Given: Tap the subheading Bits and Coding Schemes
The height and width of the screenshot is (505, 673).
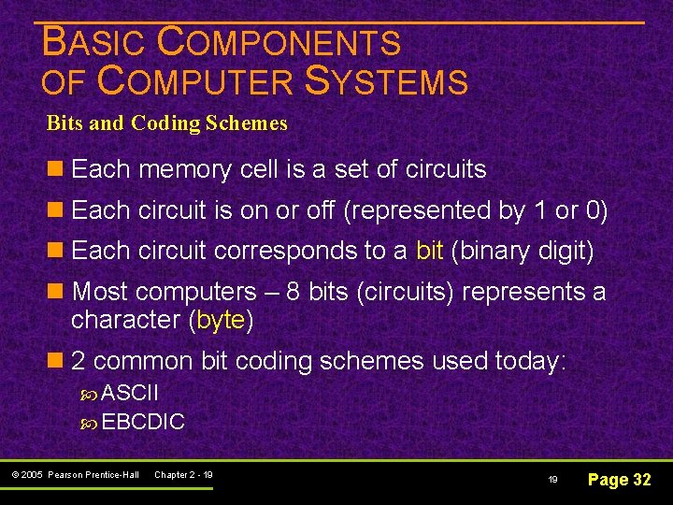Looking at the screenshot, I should pyautogui.click(x=167, y=123).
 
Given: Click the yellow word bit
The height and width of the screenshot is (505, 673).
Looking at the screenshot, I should pyautogui.click(x=429, y=251).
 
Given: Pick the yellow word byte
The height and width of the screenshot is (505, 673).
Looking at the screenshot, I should pyautogui.click(x=221, y=320).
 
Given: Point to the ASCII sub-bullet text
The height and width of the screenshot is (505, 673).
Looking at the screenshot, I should pyautogui.click(x=130, y=391).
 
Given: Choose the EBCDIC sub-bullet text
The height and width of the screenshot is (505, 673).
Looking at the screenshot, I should pyautogui.click(x=143, y=422).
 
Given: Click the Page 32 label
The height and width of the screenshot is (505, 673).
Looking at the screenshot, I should pyautogui.click(x=619, y=480).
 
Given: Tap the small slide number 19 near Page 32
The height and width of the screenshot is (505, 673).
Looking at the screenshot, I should pyautogui.click(x=551, y=480).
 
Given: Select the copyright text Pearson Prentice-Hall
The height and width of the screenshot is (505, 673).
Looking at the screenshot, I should pyautogui.click(x=93, y=475).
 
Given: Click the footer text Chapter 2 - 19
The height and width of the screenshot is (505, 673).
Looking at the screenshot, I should pyautogui.click(x=183, y=475).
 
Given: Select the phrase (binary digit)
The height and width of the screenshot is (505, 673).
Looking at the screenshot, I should pyautogui.click(x=521, y=251).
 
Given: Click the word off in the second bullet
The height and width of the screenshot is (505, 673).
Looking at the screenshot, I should pyautogui.click(x=319, y=210).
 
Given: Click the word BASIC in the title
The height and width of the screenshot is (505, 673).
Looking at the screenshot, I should pyautogui.click(x=94, y=43).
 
